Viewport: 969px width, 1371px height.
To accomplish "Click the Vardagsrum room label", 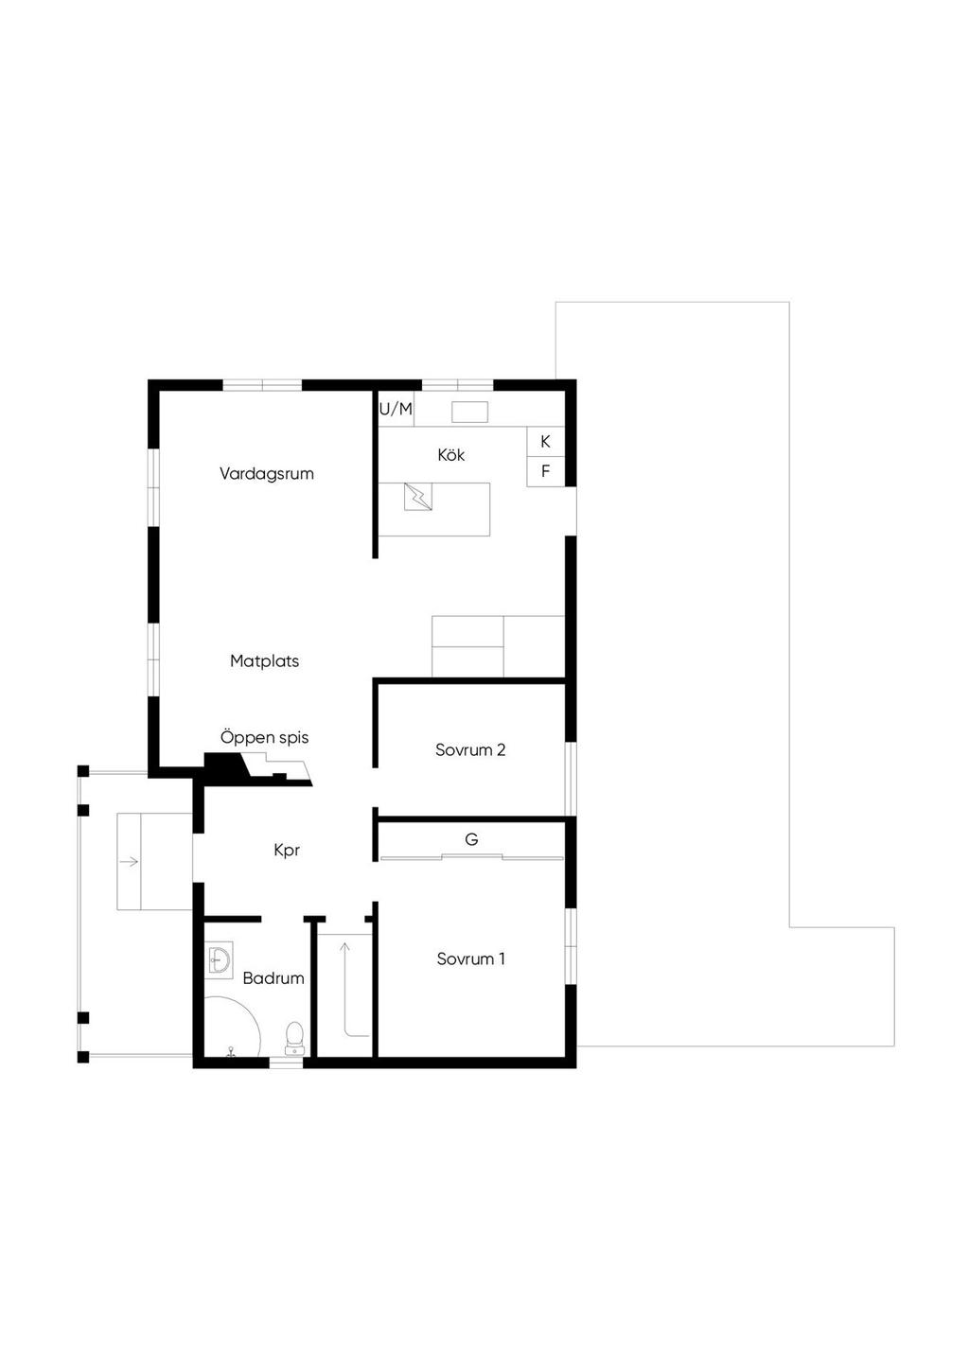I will [x=266, y=474].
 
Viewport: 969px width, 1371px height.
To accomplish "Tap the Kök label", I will [x=451, y=455].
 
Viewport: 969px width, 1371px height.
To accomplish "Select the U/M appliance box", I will [x=396, y=410].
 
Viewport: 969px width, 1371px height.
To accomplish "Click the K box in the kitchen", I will [x=545, y=442].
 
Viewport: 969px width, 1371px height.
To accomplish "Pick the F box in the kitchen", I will [x=545, y=471].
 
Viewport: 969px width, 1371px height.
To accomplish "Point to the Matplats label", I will [x=264, y=661].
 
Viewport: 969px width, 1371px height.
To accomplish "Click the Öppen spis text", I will [x=264, y=738].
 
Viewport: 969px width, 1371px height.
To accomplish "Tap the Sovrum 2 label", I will [x=470, y=750].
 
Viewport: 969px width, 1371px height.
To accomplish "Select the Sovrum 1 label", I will [x=470, y=959].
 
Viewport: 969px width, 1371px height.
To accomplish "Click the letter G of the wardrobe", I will [x=471, y=839].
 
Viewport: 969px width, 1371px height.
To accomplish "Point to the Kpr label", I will [x=287, y=851].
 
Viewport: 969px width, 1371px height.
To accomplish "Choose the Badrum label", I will [x=273, y=978].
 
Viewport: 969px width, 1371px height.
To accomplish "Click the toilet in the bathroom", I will [x=294, y=1038].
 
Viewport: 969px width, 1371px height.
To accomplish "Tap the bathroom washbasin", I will [x=220, y=960].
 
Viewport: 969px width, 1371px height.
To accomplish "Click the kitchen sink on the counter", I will [x=469, y=412].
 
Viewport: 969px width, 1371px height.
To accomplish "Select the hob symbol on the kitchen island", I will [x=417, y=497].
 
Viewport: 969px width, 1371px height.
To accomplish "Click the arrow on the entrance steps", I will [x=130, y=861].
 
